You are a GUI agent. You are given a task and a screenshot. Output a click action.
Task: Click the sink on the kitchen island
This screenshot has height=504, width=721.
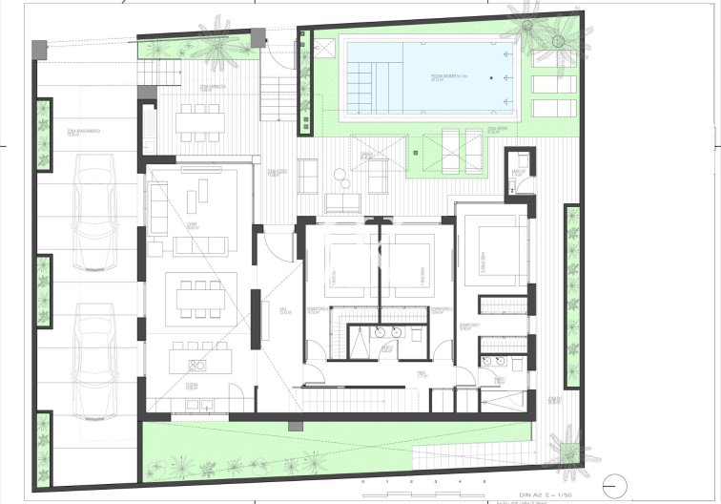(197, 363)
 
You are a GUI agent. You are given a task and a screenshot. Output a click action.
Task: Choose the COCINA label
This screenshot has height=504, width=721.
(192, 384)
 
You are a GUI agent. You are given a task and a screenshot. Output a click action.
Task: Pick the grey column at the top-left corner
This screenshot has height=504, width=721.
(38, 47)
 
